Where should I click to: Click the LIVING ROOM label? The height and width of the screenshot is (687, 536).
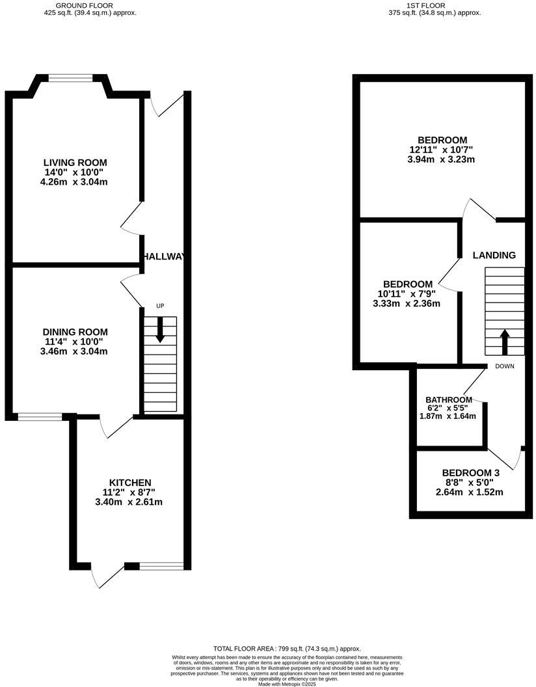point(75,163)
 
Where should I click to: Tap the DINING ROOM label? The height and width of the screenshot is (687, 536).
point(75,332)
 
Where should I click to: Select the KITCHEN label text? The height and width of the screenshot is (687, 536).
point(130,482)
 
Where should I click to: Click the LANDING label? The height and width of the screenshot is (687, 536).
point(494,255)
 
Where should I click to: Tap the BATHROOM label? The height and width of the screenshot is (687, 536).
point(448,399)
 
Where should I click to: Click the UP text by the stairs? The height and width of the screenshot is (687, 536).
point(159,306)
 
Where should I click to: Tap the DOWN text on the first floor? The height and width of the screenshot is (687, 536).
point(504,366)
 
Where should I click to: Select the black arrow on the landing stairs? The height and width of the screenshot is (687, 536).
point(504,338)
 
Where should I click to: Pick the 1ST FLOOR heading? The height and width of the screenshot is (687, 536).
point(425,5)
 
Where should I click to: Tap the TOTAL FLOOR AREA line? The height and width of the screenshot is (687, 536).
point(287,649)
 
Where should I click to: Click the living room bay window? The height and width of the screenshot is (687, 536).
point(72,78)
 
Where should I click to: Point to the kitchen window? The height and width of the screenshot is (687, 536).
point(161,566)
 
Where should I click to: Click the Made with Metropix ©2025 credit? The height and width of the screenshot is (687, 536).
point(287,684)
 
